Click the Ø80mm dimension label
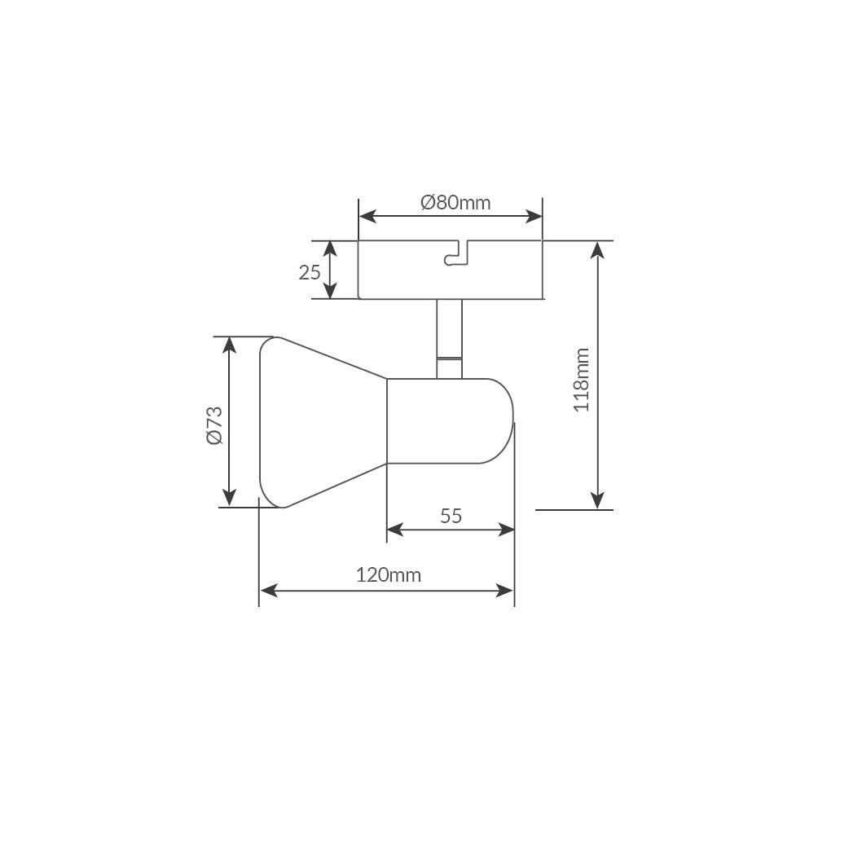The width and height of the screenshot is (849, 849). pos(455,203)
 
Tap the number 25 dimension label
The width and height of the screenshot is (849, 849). pos(310,272)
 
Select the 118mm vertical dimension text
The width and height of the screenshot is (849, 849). pos(582,380)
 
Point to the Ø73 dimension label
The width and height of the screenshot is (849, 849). pos(215,425)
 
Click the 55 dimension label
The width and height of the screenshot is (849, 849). pos(451,516)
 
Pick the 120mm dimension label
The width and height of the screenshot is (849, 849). pos(388,574)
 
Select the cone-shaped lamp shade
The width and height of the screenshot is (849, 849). pos(323,422)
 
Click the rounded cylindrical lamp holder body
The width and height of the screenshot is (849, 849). pos(450,421)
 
